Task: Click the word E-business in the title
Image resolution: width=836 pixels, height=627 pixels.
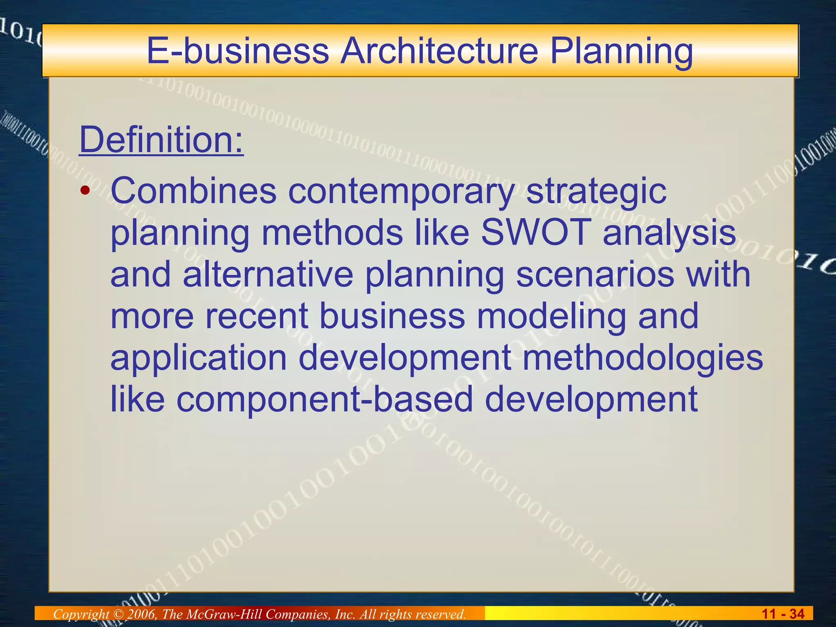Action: pyautogui.click(x=238, y=52)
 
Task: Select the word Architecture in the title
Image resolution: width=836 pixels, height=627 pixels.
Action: pyautogui.click(x=439, y=52)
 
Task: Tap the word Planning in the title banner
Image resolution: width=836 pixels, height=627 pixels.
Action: pyautogui.click(x=621, y=52)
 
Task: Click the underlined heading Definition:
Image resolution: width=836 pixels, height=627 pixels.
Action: pyautogui.click(x=161, y=140)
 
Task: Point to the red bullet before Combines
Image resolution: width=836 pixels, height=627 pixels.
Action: pyautogui.click(x=84, y=191)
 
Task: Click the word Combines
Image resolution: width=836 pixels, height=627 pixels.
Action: pyautogui.click(x=193, y=191)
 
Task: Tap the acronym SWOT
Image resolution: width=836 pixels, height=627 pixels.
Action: pyautogui.click(x=536, y=232)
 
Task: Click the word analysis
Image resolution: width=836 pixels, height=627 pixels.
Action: pyautogui.click(x=669, y=233)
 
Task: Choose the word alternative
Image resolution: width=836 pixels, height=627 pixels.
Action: pyautogui.click(x=268, y=274)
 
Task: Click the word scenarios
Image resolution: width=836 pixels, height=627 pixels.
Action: pyautogui.click(x=595, y=274)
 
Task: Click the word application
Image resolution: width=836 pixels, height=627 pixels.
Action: pyautogui.click(x=199, y=358)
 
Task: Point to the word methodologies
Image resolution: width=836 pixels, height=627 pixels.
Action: pyautogui.click(x=643, y=358)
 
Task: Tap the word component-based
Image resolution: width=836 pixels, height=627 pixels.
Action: pyautogui.click(x=325, y=400)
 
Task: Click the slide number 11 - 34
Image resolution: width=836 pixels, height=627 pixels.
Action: pyautogui.click(x=783, y=614)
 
